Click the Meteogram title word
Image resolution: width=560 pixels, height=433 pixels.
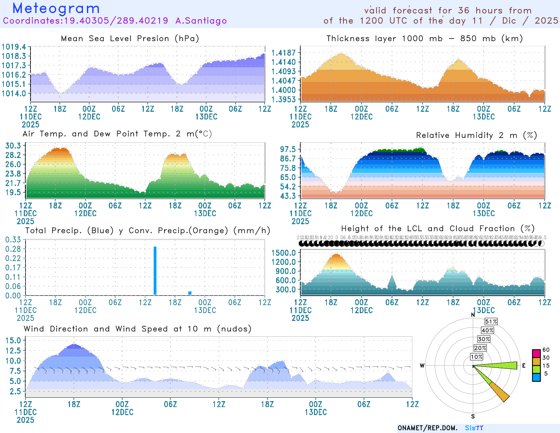(x=56, y=8)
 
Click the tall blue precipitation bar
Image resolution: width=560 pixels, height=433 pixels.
(x=155, y=270)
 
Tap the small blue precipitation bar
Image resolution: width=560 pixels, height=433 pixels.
(x=190, y=293)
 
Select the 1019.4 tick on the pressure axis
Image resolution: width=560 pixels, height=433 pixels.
(x=14, y=47)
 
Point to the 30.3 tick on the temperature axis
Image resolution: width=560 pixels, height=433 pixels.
(x=13, y=146)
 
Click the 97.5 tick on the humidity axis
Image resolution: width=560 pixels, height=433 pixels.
(x=288, y=149)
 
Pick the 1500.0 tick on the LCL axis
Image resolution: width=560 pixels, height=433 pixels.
(x=283, y=253)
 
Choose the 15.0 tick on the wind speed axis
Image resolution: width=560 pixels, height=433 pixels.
(x=13, y=340)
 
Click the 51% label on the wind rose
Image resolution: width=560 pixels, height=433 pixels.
(x=491, y=322)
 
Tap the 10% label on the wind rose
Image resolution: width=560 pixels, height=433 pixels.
(x=477, y=357)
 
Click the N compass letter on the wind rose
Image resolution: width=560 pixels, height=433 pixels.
(x=473, y=315)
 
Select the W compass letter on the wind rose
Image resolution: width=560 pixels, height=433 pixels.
(x=422, y=366)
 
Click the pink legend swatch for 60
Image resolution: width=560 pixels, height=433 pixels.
(x=536, y=353)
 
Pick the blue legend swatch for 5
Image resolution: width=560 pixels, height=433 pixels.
(x=536, y=377)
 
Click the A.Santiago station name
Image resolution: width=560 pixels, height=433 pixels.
(x=201, y=21)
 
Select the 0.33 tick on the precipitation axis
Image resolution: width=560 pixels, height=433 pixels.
(x=13, y=240)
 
